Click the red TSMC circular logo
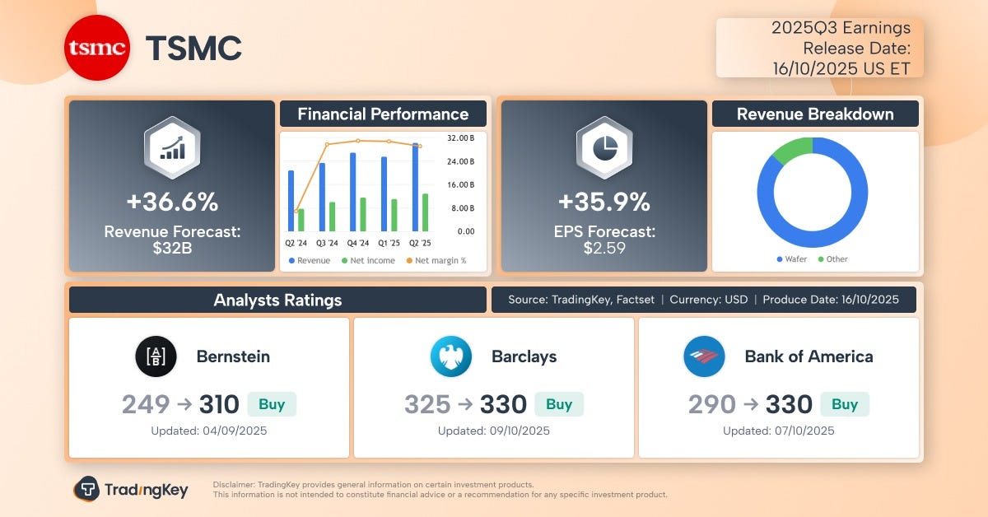97,49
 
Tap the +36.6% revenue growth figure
172,202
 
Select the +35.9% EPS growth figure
604,202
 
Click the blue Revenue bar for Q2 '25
416,188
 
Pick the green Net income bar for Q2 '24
301,220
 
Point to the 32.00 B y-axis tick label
460,137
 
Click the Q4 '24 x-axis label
358,244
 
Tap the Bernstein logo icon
156,356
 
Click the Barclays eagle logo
450,356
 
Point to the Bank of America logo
704,356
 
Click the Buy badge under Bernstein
272,404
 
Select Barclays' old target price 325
427,404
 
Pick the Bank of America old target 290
712,404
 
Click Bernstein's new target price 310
219,404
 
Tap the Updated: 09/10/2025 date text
493,431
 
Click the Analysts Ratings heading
277,300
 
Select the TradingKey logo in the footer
131,490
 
